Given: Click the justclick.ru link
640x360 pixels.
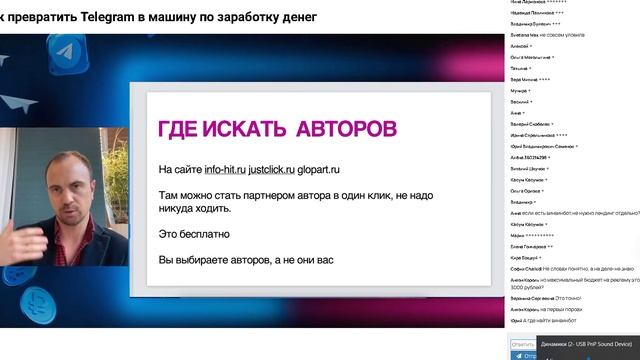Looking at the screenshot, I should point(280,169).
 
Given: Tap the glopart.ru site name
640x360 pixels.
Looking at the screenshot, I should point(340,169).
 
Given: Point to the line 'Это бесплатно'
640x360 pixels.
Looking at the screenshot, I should point(194,234).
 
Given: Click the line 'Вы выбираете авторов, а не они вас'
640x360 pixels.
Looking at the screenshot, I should point(246,260).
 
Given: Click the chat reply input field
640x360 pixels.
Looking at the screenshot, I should point(523,344).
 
